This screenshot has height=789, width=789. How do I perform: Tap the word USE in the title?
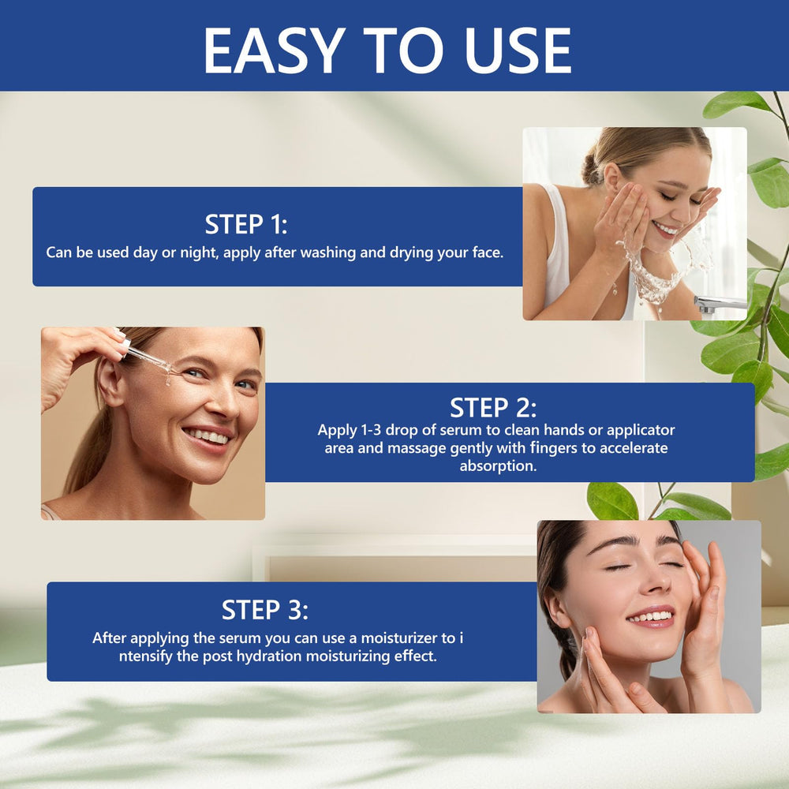pyautogui.click(x=518, y=50)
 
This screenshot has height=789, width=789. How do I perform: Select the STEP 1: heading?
pyautogui.click(x=246, y=224)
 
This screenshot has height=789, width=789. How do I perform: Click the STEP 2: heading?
pyautogui.click(x=493, y=408)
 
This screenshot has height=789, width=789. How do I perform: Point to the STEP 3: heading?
pyautogui.click(x=264, y=610)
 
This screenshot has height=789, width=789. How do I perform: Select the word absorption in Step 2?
pyautogui.click(x=498, y=466)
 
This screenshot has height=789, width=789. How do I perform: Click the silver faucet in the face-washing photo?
pyautogui.click(x=719, y=304)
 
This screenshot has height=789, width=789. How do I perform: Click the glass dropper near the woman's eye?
pyautogui.click(x=147, y=357)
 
